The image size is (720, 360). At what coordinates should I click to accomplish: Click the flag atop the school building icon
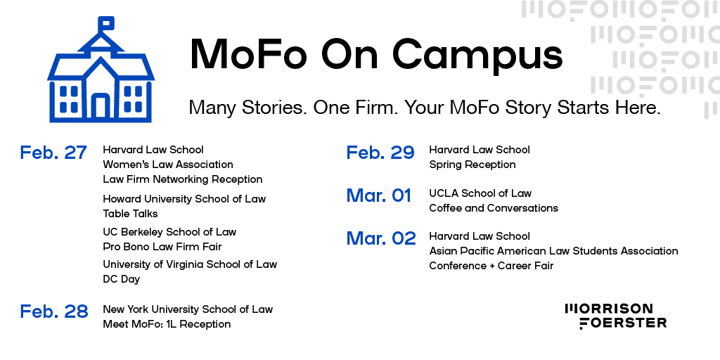tap(107, 23)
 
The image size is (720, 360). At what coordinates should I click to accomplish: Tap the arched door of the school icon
tap(101, 106)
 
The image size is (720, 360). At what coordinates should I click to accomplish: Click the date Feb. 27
tap(53, 153)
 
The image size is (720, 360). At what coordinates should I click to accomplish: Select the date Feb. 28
tap(53, 311)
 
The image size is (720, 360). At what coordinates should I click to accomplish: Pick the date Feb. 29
tap(380, 153)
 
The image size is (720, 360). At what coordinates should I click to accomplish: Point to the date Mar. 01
tap(379, 195)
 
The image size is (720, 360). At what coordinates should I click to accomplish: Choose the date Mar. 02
tap(381, 238)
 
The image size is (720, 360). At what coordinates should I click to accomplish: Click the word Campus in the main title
tap(477, 54)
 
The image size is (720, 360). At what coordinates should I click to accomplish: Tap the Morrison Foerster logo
tap(615, 316)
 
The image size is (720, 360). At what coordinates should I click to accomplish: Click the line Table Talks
tap(130, 214)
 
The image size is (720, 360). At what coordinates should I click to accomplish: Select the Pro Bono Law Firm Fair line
tap(162, 247)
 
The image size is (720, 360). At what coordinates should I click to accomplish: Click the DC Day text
tap(121, 279)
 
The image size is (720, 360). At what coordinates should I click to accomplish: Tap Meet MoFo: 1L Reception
tap(167, 324)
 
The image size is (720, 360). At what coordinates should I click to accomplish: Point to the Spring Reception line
tap(472, 165)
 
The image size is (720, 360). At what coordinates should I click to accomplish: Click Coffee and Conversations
tap(493, 208)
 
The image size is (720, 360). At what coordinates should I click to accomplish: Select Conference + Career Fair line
tap(491, 266)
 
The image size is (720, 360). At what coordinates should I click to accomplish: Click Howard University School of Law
tap(184, 199)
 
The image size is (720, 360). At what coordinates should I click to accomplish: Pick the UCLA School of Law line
tap(480, 193)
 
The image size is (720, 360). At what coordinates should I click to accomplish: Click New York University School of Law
tap(187, 309)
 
